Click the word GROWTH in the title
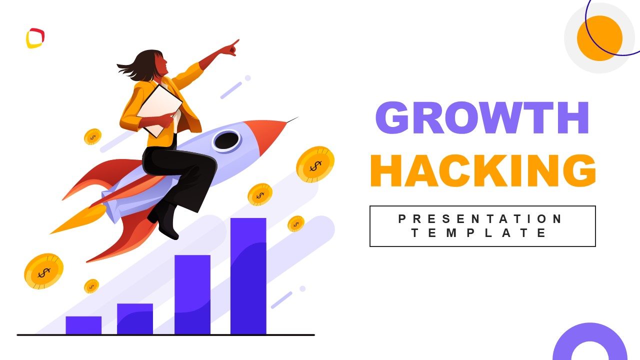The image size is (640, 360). pyautogui.click(x=482, y=118)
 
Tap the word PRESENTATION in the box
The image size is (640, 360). pyautogui.click(x=481, y=219)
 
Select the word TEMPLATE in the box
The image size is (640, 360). pyautogui.click(x=479, y=233)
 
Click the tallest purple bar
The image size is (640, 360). pyautogui.click(x=248, y=275)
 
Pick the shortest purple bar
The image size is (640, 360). pyautogui.click(x=83, y=325)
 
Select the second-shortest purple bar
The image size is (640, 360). pyautogui.click(x=135, y=318)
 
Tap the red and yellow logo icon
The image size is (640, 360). pyautogui.click(x=35, y=38)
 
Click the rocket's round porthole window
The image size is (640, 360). pyautogui.click(x=226, y=140)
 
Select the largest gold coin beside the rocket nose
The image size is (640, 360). pyautogui.click(x=315, y=164)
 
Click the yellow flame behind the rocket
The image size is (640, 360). pyautogui.click(x=77, y=220)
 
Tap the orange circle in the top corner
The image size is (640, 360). pyautogui.click(x=599, y=38)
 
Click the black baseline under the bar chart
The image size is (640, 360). pyautogui.click(x=165, y=335)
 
